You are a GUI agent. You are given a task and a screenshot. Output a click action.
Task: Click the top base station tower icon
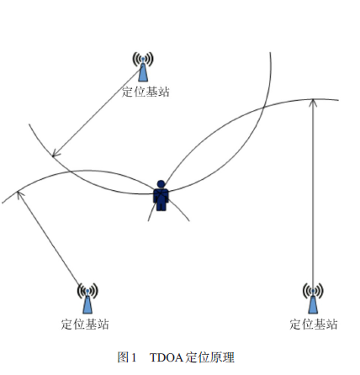[143, 67]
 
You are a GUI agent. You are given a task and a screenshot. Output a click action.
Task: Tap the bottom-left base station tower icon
[87, 298]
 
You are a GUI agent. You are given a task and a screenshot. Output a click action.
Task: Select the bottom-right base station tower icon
[313, 298]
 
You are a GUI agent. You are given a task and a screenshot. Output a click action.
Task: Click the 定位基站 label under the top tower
[146, 92]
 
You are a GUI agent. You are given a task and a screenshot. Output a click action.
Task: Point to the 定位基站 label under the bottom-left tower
[85, 325]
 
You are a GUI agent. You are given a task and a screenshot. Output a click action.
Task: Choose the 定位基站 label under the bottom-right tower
[314, 325]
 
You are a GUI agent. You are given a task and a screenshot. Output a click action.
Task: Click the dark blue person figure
[161, 196]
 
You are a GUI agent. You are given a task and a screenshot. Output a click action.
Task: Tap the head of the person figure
[161, 184]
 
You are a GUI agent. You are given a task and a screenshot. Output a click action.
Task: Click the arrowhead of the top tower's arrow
[56, 154]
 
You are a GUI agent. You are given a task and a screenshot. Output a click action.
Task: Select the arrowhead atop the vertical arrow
[313, 103]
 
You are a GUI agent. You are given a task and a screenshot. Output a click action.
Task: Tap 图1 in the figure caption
[127, 357]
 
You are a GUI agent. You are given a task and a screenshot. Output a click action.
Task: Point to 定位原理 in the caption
[210, 357]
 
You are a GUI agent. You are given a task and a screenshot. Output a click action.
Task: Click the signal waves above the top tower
[143, 59]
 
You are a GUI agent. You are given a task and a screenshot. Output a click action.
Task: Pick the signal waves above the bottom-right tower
[313, 290]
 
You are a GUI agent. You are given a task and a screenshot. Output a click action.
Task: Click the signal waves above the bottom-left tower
[87, 290]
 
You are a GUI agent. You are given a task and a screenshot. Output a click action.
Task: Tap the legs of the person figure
[161, 205]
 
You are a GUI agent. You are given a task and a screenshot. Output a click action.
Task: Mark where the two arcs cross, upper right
[264, 107]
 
